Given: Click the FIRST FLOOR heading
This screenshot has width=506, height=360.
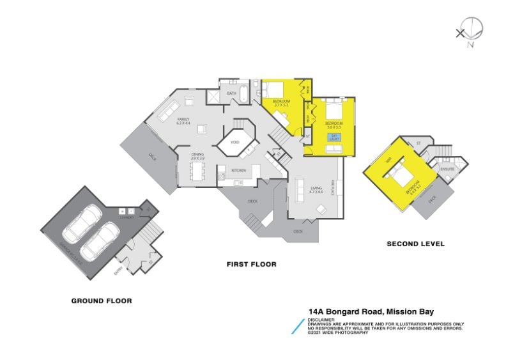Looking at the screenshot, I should coord(251,263).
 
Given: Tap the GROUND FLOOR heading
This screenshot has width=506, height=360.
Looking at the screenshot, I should coord(102,300).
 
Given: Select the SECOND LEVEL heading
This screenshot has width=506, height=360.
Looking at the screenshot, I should coord(416,244).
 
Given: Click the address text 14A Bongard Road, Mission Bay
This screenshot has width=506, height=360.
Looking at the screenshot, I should coord(371,312).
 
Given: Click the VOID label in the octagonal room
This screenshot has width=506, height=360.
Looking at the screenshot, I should coord(234,143).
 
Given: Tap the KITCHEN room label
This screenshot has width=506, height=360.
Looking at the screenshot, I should coord(238,170).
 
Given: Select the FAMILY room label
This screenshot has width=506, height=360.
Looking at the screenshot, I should coord(183,120).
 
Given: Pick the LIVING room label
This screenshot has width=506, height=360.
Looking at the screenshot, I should coord(316,189).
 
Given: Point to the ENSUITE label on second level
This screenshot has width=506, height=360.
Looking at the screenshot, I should coord(447,169).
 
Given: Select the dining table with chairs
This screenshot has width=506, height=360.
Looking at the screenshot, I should coord(196,171).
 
